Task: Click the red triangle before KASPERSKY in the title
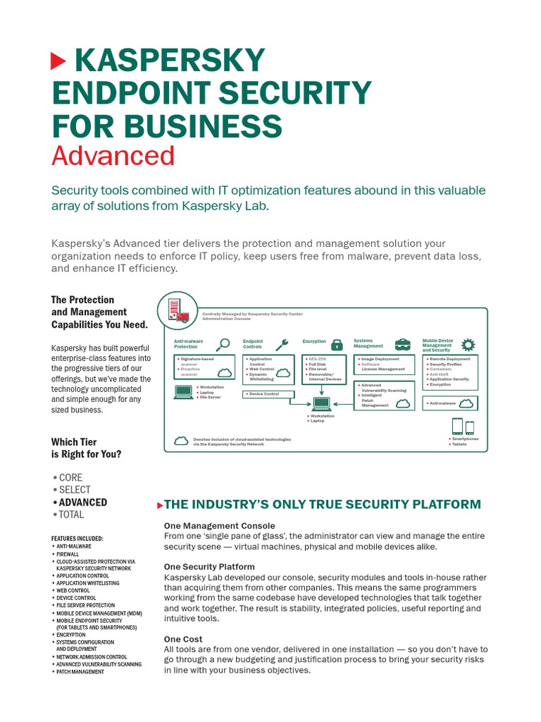(x=58, y=61)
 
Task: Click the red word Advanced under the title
(x=113, y=156)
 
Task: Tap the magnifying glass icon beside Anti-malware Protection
(x=224, y=344)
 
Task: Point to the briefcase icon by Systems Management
(x=402, y=344)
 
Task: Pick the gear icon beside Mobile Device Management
(x=468, y=345)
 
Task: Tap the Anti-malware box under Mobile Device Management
(x=449, y=403)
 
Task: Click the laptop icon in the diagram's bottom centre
(x=322, y=404)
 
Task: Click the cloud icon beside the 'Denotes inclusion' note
(x=182, y=441)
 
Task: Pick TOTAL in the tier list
(x=71, y=515)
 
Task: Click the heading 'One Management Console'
(x=219, y=526)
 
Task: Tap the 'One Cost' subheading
(x=183, y=639)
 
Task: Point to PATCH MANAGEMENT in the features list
(x=80, y=672)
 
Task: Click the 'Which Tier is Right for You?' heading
(x=86, y=448)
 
